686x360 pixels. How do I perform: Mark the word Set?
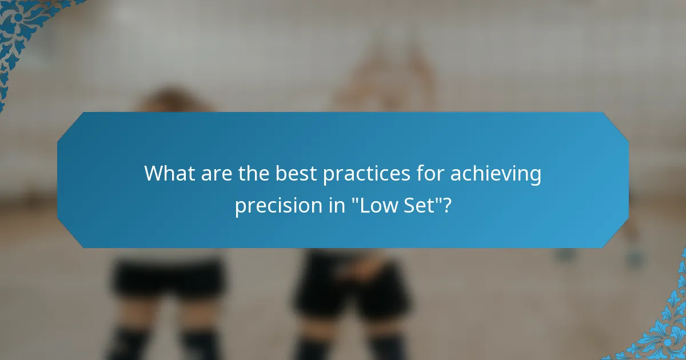[422, 206]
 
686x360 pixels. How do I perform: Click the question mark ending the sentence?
[447, 206]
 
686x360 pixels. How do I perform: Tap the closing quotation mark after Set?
[439, 201]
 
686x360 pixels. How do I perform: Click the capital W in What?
[154, 173]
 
